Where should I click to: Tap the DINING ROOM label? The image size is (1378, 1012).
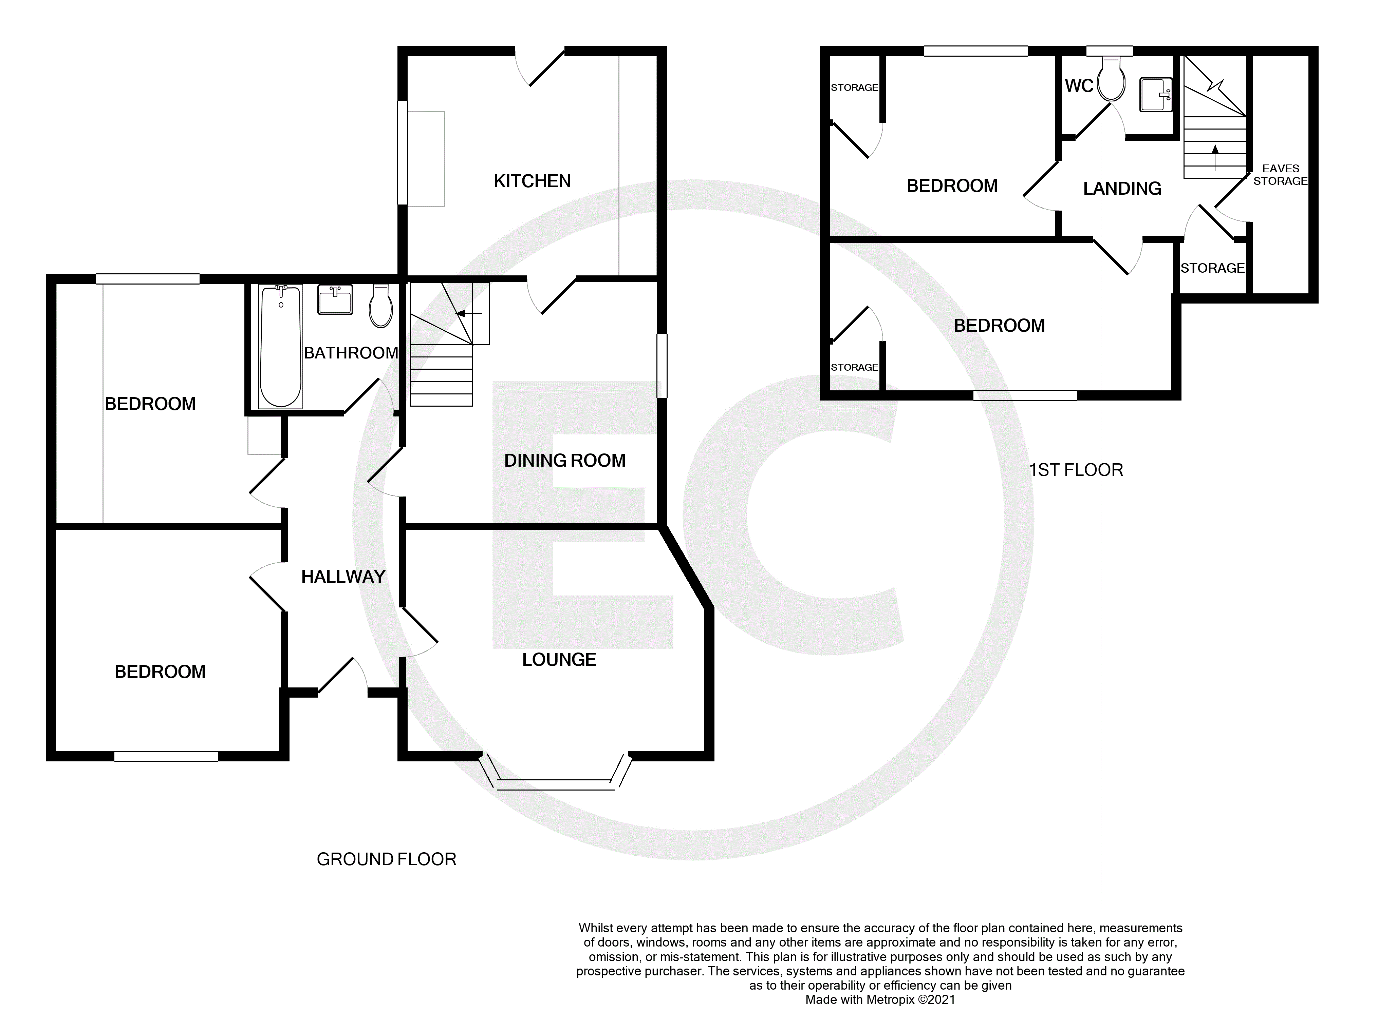point(564,460)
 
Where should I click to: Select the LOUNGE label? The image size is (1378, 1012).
point(558,659)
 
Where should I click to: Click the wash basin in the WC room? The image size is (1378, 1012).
point(1155,94)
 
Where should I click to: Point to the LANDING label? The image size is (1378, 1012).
point(1122,188)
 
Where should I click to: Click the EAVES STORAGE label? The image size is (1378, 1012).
point(1280,175)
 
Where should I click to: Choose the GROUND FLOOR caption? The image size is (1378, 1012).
point(386,859)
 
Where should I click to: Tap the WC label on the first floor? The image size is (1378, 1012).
point(1079,86)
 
